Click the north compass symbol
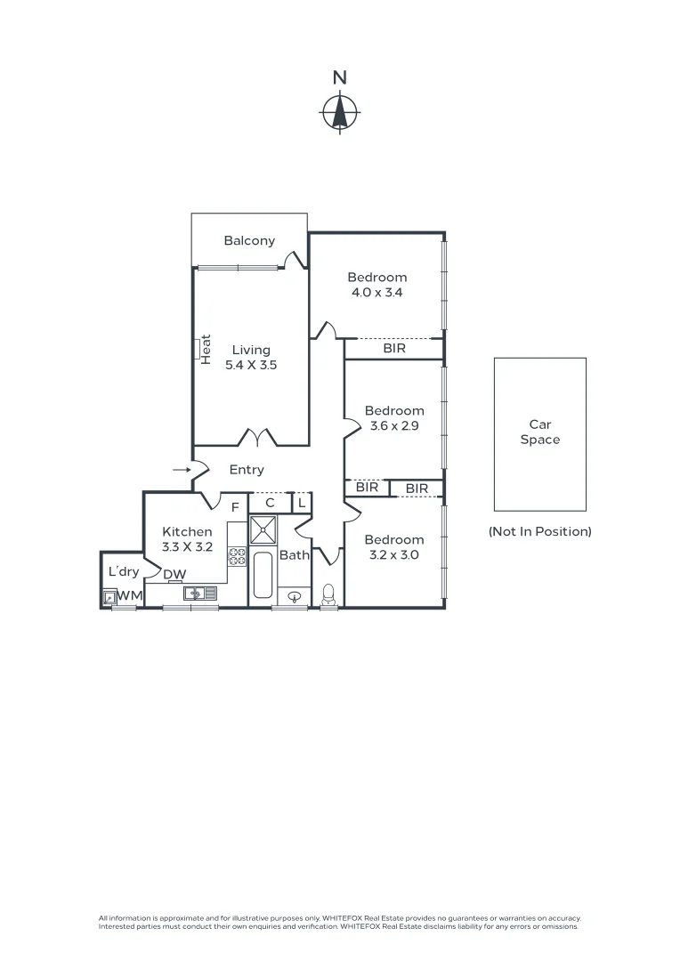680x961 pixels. pos(339,112)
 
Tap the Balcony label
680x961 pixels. pos(249,240)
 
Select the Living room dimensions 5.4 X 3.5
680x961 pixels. pos(252,364)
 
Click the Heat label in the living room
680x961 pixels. pos(206,349)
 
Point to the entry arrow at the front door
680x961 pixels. pos(181,469)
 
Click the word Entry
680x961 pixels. pos(247,470)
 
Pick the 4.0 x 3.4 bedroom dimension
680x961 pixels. pos(376,292)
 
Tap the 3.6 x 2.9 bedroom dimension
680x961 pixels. pos(394,425)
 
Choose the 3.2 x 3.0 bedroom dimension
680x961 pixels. pos(394,554)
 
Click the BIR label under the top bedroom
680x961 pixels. pos(394,348)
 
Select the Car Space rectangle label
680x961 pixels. pos(540,432)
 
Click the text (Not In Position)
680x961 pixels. pos(540,531)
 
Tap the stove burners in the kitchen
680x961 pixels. pos(238,556)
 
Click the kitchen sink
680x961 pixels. pos(195,592)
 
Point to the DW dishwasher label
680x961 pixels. pos(174,574)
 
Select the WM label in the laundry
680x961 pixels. pos(130,594)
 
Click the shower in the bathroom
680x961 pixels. pos(264,531)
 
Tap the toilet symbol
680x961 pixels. pos(328,594)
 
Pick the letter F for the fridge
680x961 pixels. pos(236,507)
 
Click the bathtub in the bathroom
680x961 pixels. pos(263,576)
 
